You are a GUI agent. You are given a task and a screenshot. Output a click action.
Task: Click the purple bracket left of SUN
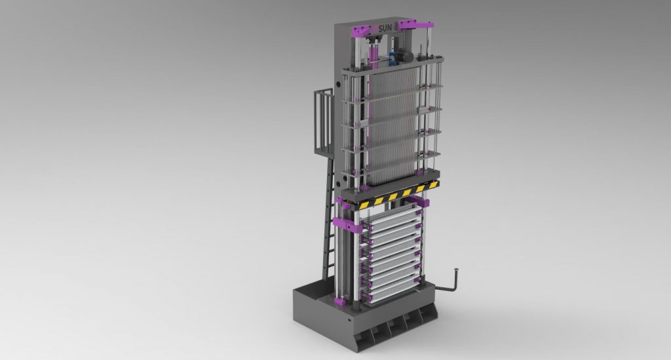[362, 30]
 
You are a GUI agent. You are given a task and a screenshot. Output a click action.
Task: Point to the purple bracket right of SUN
[409, 25]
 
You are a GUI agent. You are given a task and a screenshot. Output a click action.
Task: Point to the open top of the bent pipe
[457, 268]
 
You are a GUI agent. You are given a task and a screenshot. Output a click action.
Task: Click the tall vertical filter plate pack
[392, 125]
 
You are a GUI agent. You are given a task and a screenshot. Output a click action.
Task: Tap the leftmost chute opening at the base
[364, 335]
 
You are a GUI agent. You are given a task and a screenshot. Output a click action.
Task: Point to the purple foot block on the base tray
[341, 301]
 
